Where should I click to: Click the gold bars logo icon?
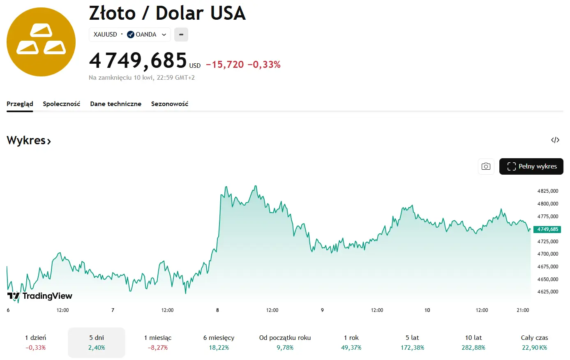click(41, 42)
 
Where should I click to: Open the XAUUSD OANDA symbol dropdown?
click(129, 35)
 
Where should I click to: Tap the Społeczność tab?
click(61, 104)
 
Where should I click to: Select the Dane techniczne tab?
click(115, 104)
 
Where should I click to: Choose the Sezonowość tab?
click(169, 104)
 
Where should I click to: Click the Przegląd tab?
click(20, 104)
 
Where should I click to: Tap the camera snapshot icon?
click(486, 166)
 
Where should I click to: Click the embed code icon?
click(555, 140)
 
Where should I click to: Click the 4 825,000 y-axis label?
click(547, 191)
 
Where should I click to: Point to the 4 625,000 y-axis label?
click(547, 292)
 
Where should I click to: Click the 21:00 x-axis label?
click(522, 310)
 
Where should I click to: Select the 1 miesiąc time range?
click(158, 342)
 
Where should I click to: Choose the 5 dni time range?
click(97, 342)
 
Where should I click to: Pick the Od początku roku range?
click(285, 342)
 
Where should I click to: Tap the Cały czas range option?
click(534, 342)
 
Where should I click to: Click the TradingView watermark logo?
click(40, 296)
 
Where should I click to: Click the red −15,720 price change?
click(225, 65)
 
